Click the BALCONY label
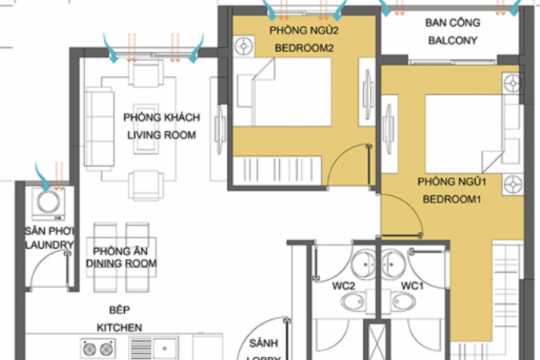[x=453, y=41]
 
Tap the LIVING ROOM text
[x=162, y=135]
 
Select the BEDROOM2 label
[x=304, y=48]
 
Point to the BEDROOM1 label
[x=451, y=199]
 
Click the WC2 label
[x=343, y=286]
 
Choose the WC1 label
[x=412, y=286]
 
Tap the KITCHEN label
[x=119, y=327]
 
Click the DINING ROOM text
[x=122, y=263]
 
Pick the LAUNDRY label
[x=50, y=245]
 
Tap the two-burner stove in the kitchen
[x=98, y=349]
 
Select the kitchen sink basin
[x=166, y=348]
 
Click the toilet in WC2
[x=353, y=302]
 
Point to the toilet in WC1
[x=404, y=302]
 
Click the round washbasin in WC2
[x=364, y=264]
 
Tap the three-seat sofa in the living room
[x=99, y=127]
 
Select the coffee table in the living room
[x=146, y=129]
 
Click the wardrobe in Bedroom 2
[x=278, y=169]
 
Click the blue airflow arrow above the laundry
[x=42, y=176]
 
